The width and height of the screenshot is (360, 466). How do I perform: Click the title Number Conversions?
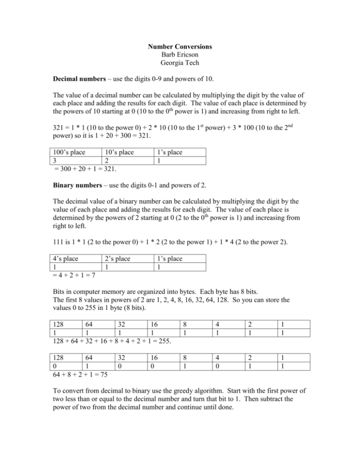(x=180, y=47)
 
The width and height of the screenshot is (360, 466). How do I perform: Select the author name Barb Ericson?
(x=180, y=56)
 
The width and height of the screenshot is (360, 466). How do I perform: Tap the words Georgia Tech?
(x=180, y=65)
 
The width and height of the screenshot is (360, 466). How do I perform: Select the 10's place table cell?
(x=119, y=152)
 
